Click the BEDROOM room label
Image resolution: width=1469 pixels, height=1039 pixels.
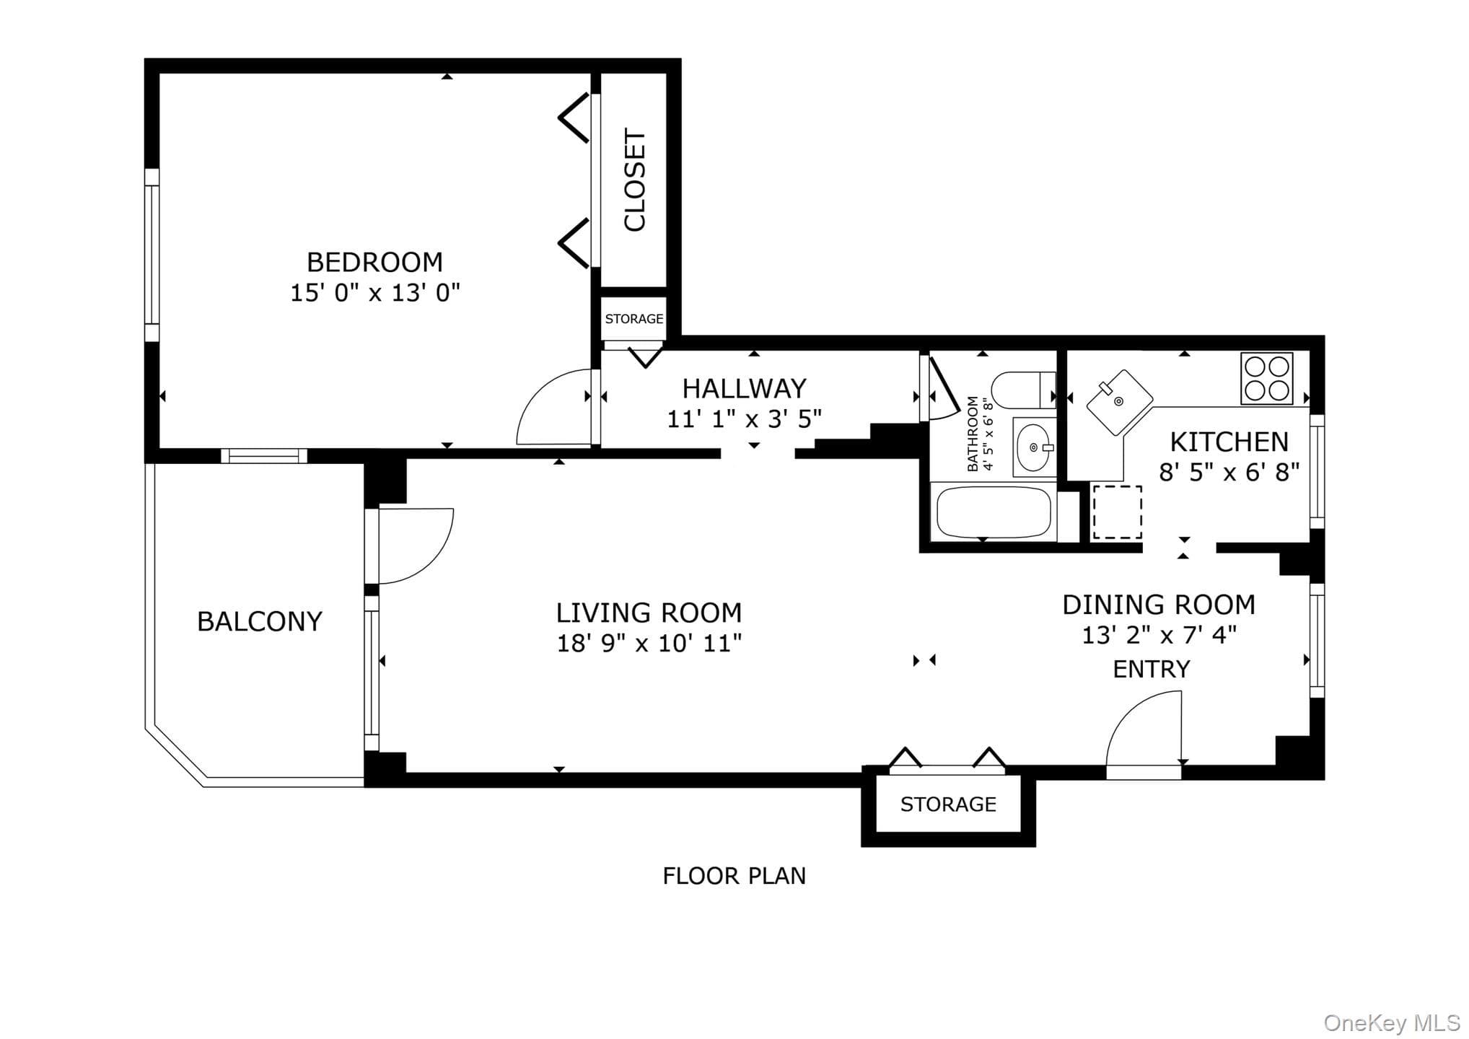coord(374,262)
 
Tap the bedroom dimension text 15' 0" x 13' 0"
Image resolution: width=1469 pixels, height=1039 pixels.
coord(374,293)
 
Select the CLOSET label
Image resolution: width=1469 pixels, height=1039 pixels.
coord(634,180)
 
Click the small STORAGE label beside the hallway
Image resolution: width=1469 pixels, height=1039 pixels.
coord(633,319)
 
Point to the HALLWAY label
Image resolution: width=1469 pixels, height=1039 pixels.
coord(744,389)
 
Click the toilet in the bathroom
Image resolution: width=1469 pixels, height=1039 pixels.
coord(1023,390)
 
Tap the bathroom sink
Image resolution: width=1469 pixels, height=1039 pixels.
coord(1034,447)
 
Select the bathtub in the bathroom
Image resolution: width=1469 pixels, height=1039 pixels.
coord(994,513)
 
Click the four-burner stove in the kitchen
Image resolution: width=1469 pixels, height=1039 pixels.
coord(1266,378)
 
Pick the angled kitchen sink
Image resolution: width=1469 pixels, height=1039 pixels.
coord(1119,403)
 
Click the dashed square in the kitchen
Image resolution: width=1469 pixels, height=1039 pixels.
coord(1117,512)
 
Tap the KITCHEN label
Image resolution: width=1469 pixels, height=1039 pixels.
coord(1229,442)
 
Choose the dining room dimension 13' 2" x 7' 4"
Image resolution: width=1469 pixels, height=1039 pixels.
coord(1159,635)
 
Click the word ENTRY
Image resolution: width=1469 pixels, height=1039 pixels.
coord(1152,670)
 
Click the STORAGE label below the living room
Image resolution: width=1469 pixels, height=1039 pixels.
coord(948,805)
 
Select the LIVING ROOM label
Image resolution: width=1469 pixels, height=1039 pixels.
coord(649,613)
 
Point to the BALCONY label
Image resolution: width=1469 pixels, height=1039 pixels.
coord(260,622)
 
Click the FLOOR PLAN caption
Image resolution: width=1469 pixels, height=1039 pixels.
coord(734,876)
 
